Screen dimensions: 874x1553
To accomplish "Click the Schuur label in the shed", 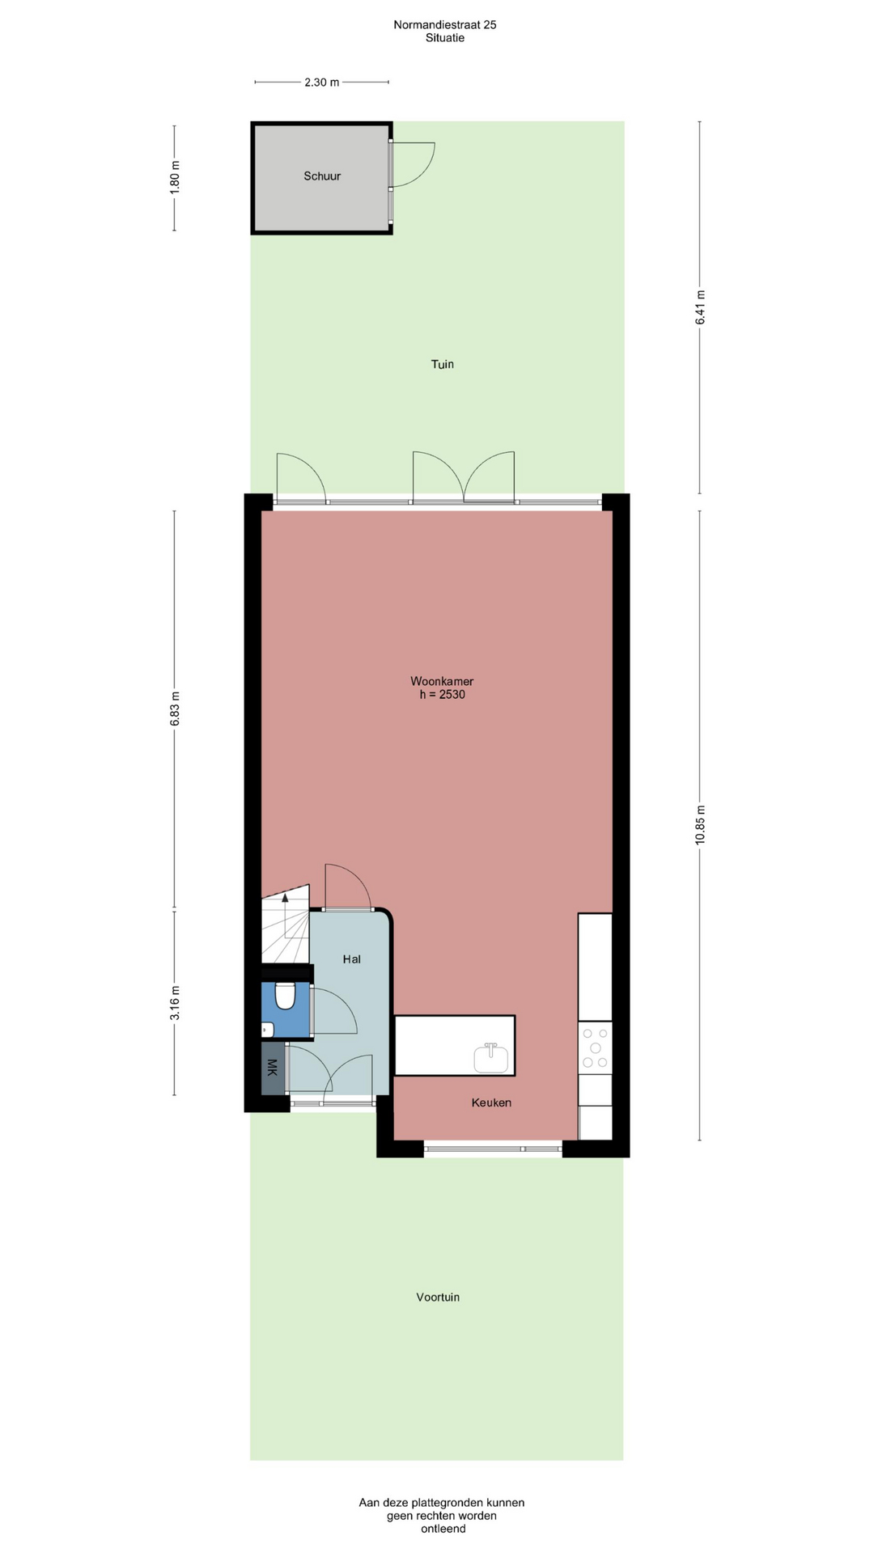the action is click(x=322, y=176).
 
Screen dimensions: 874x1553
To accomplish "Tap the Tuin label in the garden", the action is click(x=443, y=364).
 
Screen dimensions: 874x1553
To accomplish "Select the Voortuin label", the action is click(x=438, y=1297).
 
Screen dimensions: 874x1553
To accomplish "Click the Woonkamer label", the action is click(x=442, y=681).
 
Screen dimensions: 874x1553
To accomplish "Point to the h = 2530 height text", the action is click(x=442, y=694).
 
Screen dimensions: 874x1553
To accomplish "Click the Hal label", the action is click(x=352, y=959).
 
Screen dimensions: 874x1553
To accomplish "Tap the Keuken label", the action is click(x=491, y=1102).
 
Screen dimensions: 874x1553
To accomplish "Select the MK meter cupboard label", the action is click(x=272, y=1068).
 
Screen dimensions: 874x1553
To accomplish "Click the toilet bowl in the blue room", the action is click(x=285, y=996).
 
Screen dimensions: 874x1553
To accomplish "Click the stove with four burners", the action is click(x=595, y=1047).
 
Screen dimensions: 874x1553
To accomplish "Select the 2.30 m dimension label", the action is click(x=322, y=82).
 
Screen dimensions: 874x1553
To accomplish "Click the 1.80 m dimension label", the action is click(x=175, y=177).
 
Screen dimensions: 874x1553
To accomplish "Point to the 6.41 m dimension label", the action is click(x=701, y=307).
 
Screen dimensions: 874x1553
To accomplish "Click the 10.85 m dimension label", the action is click(x=701, y=825).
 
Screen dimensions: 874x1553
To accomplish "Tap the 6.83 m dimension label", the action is click(x=175, y=709).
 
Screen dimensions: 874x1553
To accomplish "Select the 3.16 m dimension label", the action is click(x=175, y=1003).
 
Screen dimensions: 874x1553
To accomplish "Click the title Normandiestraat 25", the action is click(x=445, y=24).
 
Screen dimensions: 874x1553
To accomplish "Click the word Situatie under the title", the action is click(x=445, y=37).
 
